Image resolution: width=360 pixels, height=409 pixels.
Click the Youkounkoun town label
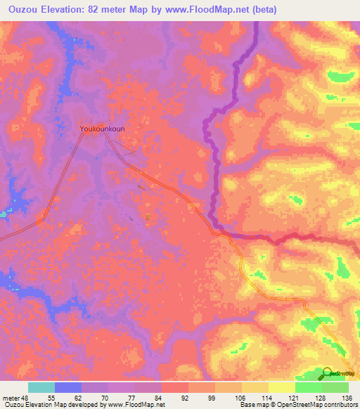103,129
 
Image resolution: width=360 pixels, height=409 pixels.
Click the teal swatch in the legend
41,387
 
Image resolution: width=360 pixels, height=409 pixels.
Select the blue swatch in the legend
68,387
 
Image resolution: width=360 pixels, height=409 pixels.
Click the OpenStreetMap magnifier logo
329,373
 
